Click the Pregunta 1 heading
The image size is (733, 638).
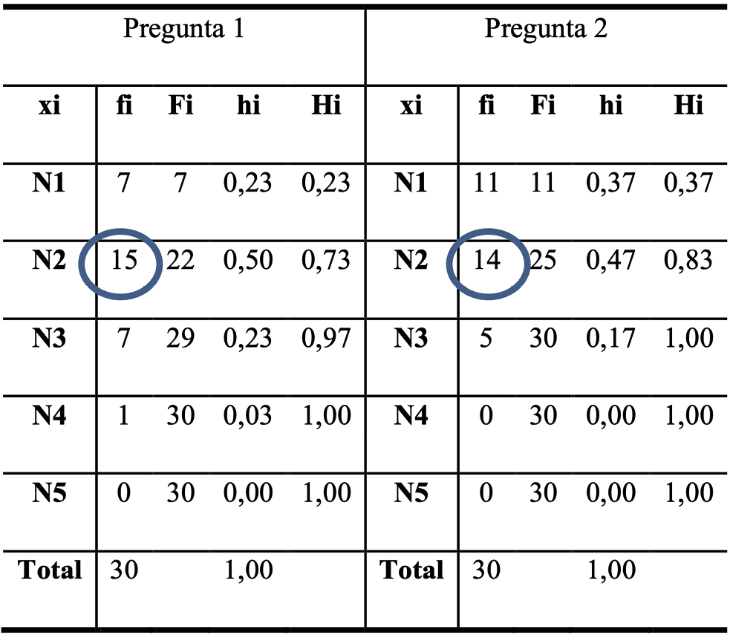(x=183, y=29)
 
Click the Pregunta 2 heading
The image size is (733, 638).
(x=546, y=29)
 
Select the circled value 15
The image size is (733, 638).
(x=124, y=261)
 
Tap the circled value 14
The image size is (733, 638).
(x=486, y=261)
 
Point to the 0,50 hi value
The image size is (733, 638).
(x=248, y=261)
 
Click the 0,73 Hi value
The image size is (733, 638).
(x=325, y=261)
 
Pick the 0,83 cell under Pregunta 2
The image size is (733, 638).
(x=688, y=261)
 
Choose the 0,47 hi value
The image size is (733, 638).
(x=610, y=261)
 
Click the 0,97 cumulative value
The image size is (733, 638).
(x=325, y=339)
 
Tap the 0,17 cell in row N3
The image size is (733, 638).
(x=610, y=339)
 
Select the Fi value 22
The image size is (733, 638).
(x=180, y=261)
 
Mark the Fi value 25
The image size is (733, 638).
(x=543, y=261)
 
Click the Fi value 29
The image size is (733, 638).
(x=180, y=339)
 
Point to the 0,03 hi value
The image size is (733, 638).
(x=248, y=416)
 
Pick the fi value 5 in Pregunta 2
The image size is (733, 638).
(x=486, y=339)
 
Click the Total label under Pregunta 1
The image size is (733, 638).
(x=50, y=570)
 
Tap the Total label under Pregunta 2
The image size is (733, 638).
(x=411, y=570)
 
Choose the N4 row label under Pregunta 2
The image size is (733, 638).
(x=411, y=416)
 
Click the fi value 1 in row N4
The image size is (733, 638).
(x=124, y=416)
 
